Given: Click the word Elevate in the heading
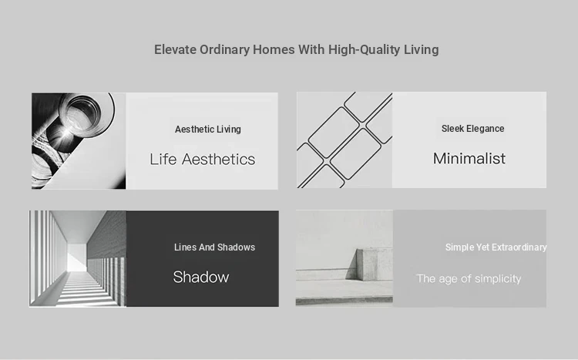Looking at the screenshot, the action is (175, 49).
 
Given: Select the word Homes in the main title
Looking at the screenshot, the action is (274, 49).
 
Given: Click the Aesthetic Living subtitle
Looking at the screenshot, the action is (208, 130).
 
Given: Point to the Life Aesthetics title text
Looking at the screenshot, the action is (203, 160).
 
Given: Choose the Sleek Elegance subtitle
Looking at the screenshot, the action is (473, 129).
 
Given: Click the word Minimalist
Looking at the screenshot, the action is (469, 159).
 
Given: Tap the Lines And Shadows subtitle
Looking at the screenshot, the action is (214, 247).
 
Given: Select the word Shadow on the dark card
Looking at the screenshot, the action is (201, 277).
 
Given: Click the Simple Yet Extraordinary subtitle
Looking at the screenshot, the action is (496, 247).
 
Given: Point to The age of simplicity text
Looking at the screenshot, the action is (469, 278).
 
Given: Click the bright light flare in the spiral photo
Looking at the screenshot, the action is (66, 133).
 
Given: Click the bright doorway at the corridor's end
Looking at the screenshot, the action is (77, 257).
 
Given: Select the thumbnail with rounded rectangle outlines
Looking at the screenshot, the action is (344, 140).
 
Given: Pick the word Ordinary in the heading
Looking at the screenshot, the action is (224, 50).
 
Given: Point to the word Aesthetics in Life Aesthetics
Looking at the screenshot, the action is (218, 160).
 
